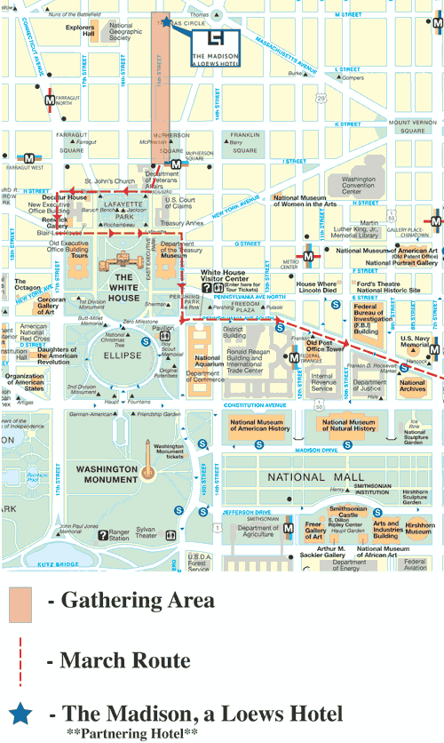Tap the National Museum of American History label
[260, 426]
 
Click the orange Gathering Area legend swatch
[20, 604]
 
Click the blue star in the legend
[20, 715]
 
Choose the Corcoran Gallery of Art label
[52, 305]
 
